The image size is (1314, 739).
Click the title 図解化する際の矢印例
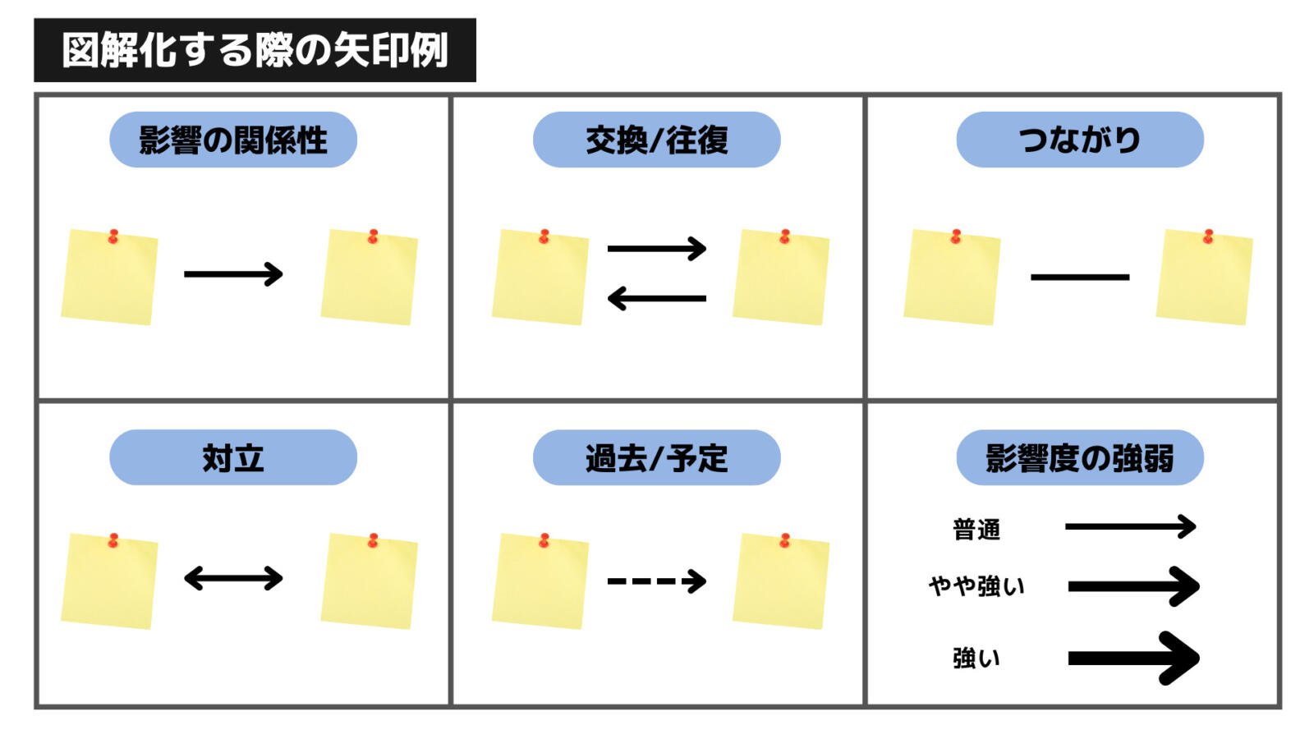pyautogui.click(x=255, y=50)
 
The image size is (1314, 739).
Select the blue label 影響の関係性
pyautogui.click(x=233, y=140)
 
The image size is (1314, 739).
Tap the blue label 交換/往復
pyautogui.click(x=656, y=140)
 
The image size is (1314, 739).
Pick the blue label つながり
pyautogui.click(x=1080, y=140)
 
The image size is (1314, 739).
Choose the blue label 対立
pyautogui.click(x=233, y=457)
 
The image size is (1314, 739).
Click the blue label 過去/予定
pyautogui.click(x=656, y=457)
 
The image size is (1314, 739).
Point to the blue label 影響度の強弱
pyautogui.click(x=1080, y=457)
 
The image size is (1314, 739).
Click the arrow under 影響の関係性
pyautogui.click(x=233, y=274)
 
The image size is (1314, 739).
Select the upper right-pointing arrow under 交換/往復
pyautogui.click(x=656, y=249)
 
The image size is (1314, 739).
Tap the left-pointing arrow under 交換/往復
pyautogui.click(x=656, y=299)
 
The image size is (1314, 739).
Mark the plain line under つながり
pyautogui.click(x=1080, y=277)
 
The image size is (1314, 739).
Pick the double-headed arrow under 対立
pyautogui.click(x=233, y=578)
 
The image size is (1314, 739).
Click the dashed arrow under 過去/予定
pyautogui.click(x=656, y=581)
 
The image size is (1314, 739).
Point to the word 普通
pyautogui.click(x=976, y=530)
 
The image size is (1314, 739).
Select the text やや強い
pyautogui.click(x=976, y=586)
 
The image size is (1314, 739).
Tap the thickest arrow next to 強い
pyautogui.click(x=1133, y=658)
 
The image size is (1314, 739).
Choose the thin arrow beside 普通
pyautogui.click(x=1130, y=526)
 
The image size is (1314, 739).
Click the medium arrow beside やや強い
pyautogui.click(x=1133, y=586)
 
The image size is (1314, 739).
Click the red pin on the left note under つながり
pyautogui.click(x=956, y=236)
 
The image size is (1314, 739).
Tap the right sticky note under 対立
pyautogui.click(x=369, y=581)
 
